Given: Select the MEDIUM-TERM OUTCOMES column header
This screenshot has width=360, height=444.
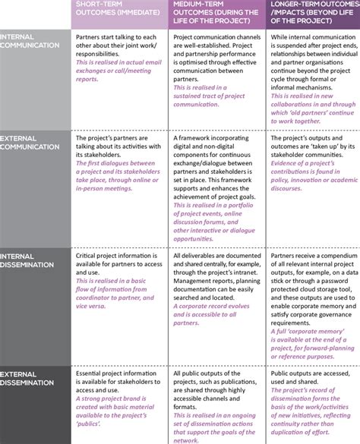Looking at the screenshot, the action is tap(217, 14).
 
